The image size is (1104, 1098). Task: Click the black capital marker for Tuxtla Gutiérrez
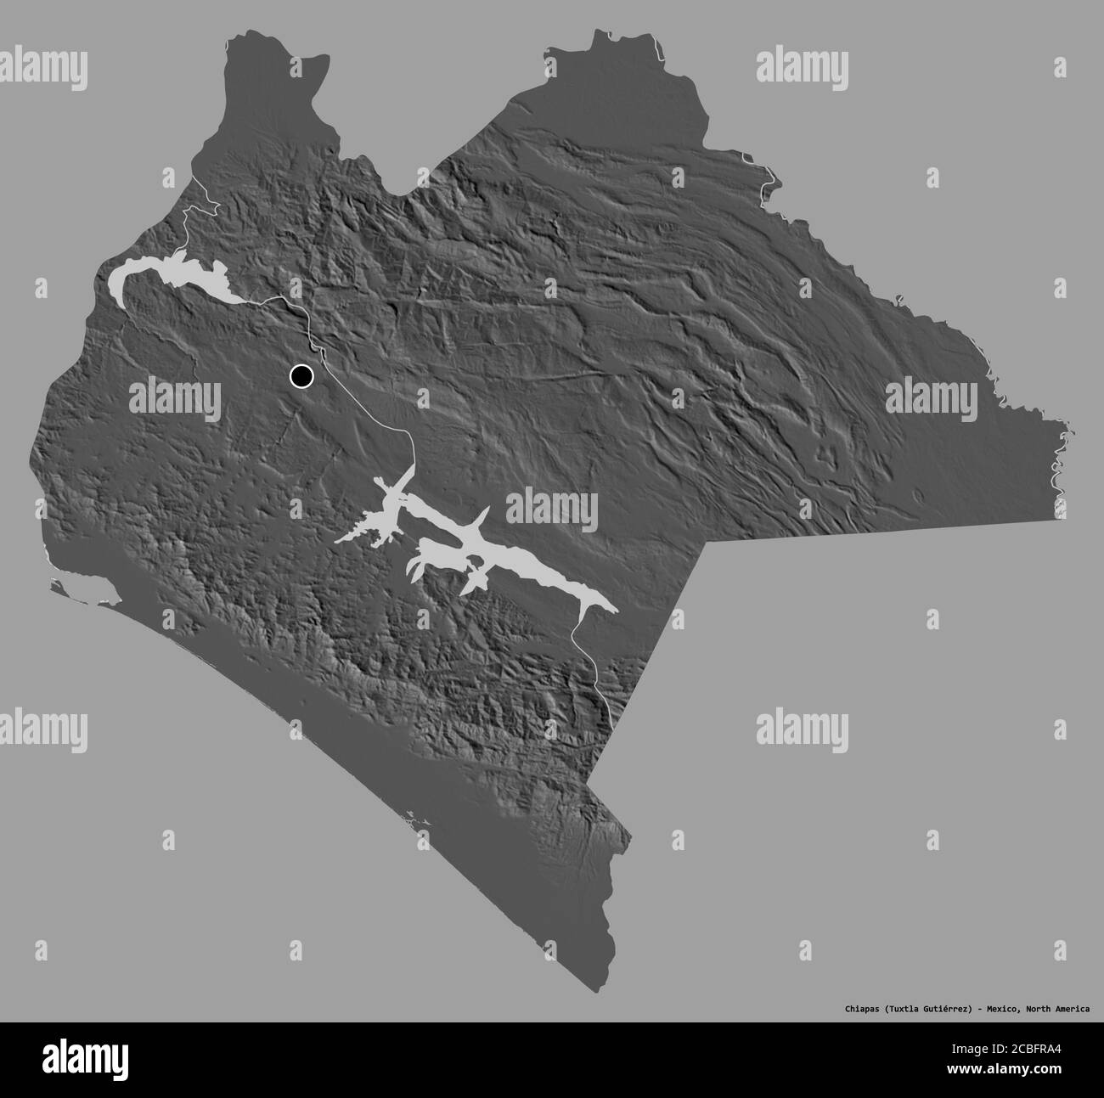301,374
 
